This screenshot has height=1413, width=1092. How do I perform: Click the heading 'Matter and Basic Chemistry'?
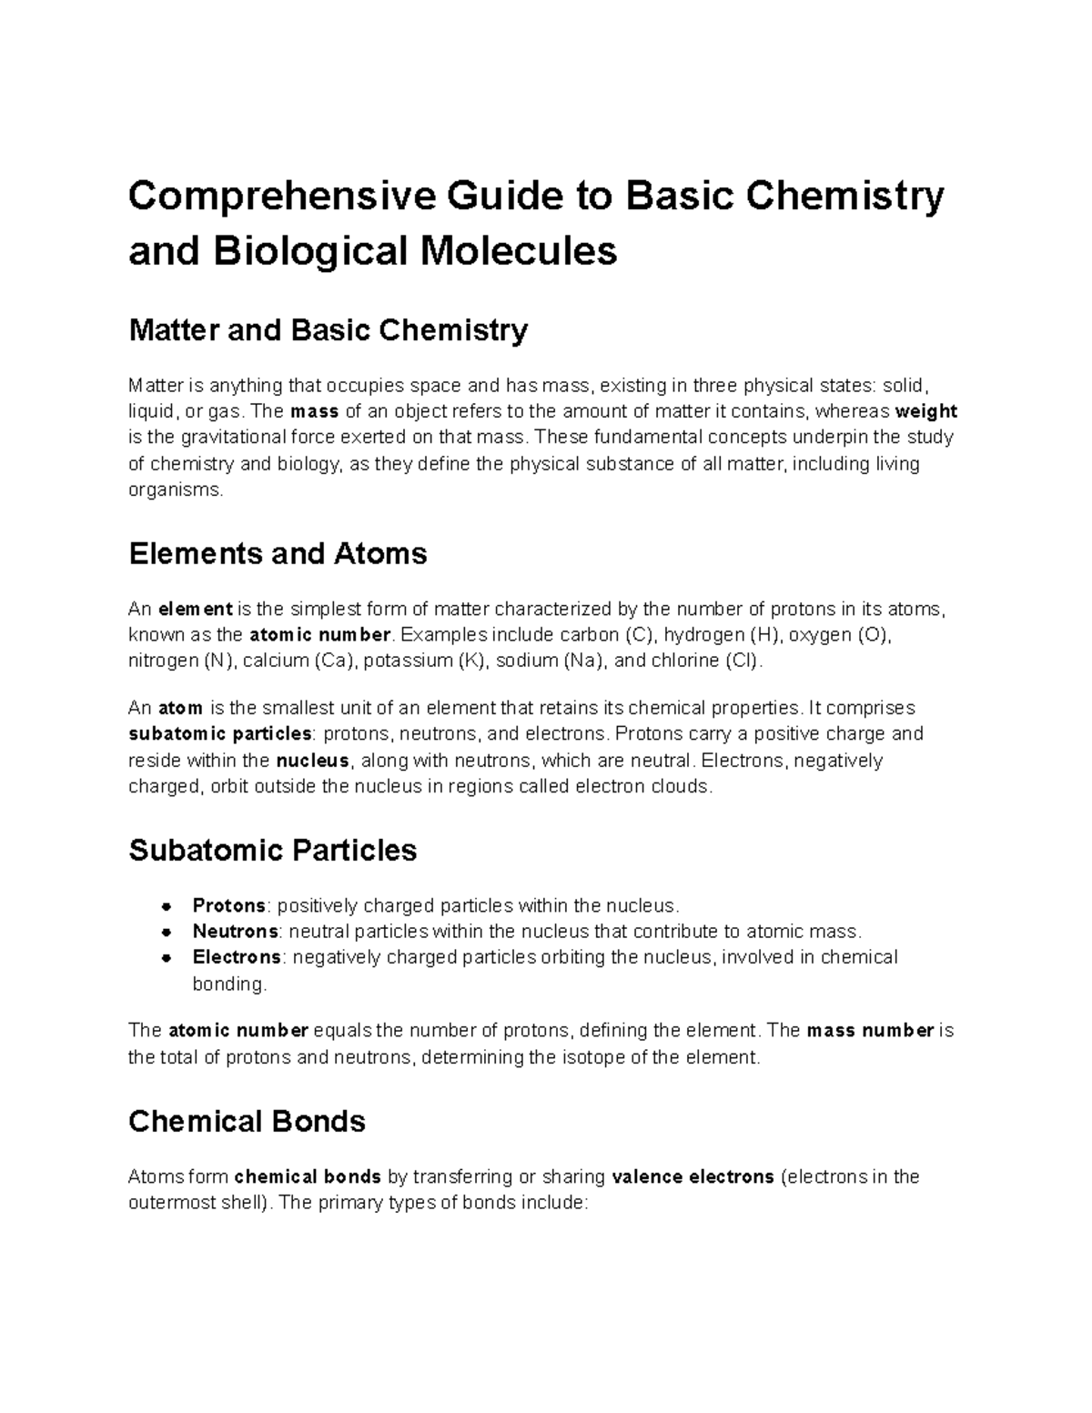pos(328,330)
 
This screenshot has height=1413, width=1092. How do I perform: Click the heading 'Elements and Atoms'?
pos(278,553)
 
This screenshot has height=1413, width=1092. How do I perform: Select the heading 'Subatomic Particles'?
pos(272,850)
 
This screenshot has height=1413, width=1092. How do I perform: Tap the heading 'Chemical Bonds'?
pos(247,1121)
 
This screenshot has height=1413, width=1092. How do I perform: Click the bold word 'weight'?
pos(926,411)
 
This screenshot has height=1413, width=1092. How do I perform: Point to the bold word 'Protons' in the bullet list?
pos(228,905)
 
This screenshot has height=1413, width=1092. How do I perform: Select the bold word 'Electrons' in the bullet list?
pos(237,957)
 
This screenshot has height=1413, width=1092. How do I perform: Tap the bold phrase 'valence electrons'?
pos(693,1176)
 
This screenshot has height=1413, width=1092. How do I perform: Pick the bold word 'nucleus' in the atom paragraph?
pos(312,761)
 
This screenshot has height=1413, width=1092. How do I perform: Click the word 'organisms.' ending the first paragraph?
pos(175,490)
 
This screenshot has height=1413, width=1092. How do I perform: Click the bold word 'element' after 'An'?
pos(195,609)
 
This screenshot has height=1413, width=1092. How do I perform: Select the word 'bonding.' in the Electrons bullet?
pos(230,984)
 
